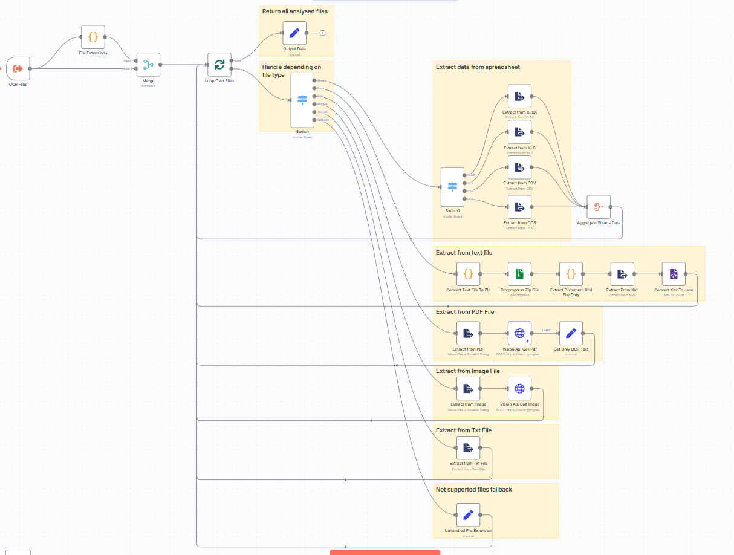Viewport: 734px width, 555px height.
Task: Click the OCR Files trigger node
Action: pyautogui.click(x=18, y=68)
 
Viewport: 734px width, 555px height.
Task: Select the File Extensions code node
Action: pyautogui.click(x=93, y=37)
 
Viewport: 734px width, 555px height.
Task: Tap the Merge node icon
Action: pyautogui.click(x=148, y=64)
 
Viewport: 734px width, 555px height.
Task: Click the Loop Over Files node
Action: pyautogui.click(x=219, y=64)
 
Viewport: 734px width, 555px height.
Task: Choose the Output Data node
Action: pyautogui.click(x=294, y=33)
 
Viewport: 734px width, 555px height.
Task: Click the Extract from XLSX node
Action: pyautogui.click(x=519, y=96)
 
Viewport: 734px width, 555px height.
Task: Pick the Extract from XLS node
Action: pyautogui.click(x=519, y=132)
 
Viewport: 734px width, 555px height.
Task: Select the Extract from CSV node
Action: pyautogui.click(x=519, y=167)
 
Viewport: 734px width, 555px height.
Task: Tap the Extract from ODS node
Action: pyautogui.click(x=519, y=207)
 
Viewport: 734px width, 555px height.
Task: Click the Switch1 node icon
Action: pyautogui.click(x=452, y=187)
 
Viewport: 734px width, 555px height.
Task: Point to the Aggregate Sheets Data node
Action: pyautogui.click(x=598, y=207)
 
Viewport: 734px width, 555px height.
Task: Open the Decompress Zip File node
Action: pyautogui.click(x=519, y=274)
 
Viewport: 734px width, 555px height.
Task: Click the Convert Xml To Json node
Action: pyautogui.click(x=674, y=274)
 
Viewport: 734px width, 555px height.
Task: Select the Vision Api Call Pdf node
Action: pyautogui.click(x=519, y=333)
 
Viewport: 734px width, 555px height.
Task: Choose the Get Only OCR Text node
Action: pyautogui.click(x=571, y=333)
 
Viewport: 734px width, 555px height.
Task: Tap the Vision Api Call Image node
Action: pyautogui.click(x=519, y=388)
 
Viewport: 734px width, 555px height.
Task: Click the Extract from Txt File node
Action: pyautogui.click(x=468, y=447)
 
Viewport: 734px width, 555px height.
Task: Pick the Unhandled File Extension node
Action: pyautogui.click(x=468, y=514)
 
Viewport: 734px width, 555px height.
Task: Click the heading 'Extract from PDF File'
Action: pyautogui.click(x=465, y=312)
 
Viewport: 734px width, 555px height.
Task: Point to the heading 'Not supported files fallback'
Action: pyautogui.click(x=473, y=489)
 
